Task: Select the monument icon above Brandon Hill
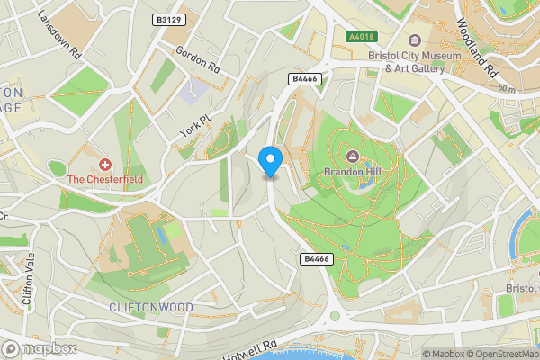351,157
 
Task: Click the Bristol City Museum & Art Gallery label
407,61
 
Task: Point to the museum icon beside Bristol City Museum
415,40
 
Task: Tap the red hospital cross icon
105,165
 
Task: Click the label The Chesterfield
105,179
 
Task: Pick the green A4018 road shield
360,37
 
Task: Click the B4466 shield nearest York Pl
303,79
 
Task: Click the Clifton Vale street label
22,280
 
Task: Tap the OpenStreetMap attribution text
501,354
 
